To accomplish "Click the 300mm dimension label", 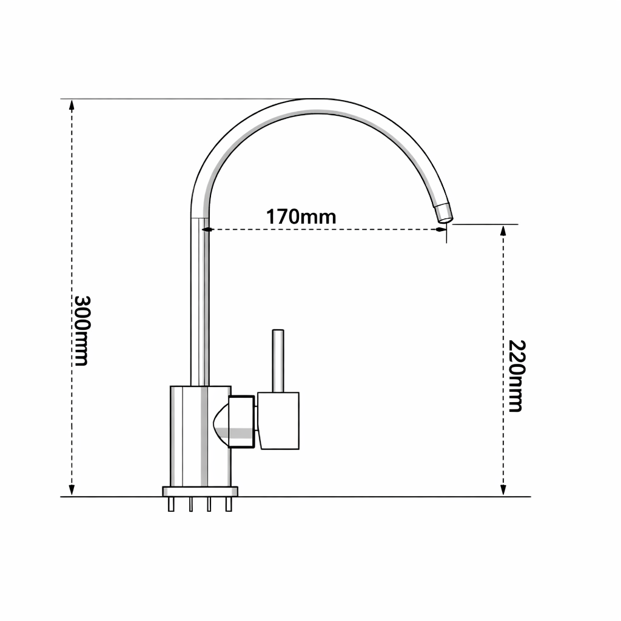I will click(81, 331).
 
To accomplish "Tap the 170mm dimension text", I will click(301, 217).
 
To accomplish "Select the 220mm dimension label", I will click(515, 376).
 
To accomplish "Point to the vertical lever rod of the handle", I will click(278, 360).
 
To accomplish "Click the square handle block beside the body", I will click(278, 420).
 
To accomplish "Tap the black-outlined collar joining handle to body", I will click(242, 422).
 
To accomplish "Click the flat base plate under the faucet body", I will click(200, 491).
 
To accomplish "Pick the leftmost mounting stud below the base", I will click(172, 504).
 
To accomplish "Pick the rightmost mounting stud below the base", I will click(229, 504).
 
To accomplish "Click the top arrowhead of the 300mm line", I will click(72, 105).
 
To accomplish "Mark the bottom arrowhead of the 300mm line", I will click(72, 490).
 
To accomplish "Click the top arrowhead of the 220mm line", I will click(503, 230).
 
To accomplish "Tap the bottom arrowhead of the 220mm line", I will click(503, 490).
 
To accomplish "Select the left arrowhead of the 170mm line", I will click(206, 230).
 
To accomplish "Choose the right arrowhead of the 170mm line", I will click(442, 230).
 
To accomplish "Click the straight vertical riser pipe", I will click(200, 303).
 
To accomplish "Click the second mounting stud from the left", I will click(190, 504).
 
